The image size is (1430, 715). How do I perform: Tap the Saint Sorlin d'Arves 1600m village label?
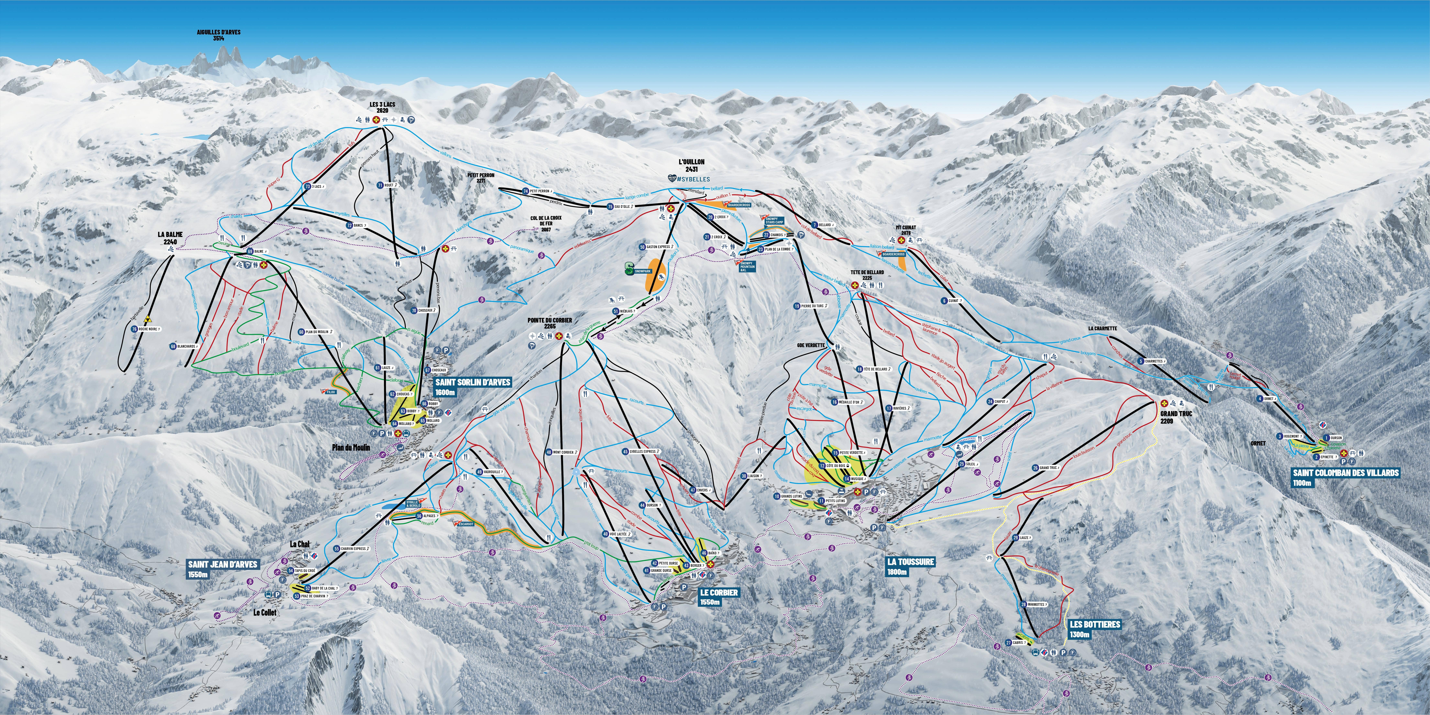tap(472, 387)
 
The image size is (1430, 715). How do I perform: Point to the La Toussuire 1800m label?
tap(910, 566)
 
